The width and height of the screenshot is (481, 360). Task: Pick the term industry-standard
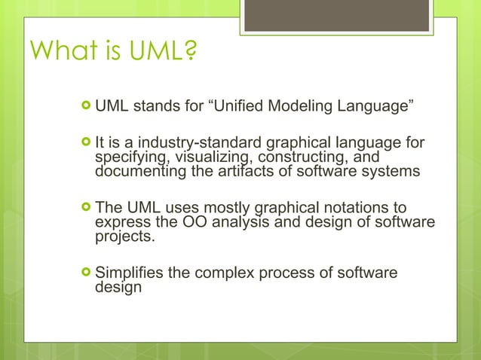[205, 143]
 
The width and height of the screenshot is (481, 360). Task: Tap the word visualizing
[207, 157]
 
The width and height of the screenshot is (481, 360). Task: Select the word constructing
[294, 157]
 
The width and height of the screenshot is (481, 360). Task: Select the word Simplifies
[130, 273]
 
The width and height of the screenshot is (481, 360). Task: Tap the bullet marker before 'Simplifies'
[85, 273]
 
